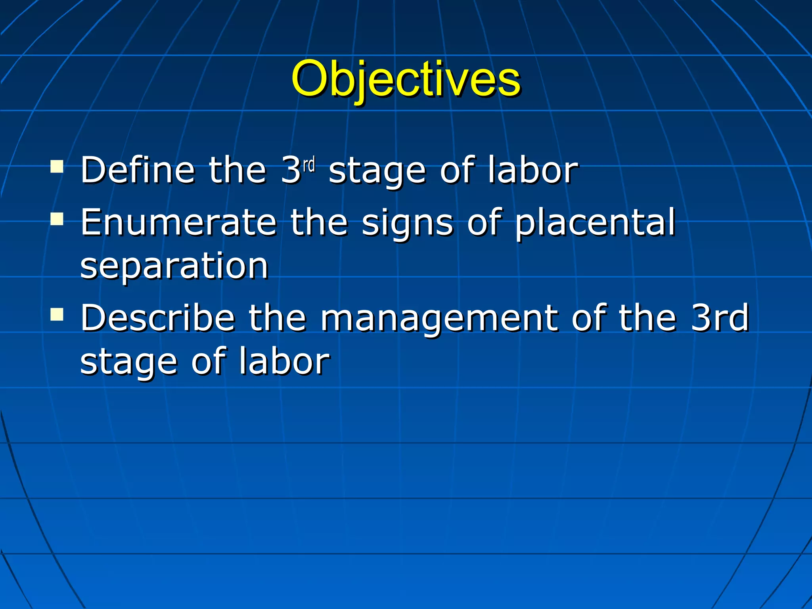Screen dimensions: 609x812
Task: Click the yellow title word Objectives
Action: click(406, 79)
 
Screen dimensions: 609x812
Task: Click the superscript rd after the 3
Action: click(309, 164)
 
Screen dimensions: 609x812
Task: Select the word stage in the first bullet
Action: click(377, 171)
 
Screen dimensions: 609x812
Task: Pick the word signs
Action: click(407, 224)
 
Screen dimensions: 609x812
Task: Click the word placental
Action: click(595, 223)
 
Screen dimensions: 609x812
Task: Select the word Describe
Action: click(158, 318)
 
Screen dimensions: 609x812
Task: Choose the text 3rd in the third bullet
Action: click(720, 318)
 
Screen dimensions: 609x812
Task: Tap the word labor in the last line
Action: click(284, 361)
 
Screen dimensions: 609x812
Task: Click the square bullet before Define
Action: click(57, 167)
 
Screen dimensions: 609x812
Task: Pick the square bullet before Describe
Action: click(57, 314)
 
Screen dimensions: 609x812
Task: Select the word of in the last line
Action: click(209, 361)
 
